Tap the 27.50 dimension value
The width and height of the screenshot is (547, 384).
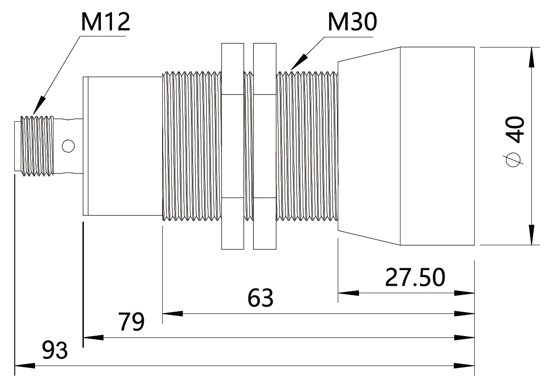tap(415, 277)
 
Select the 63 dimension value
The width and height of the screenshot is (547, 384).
tap(260, 298)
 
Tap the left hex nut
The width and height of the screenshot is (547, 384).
tap(232, 146)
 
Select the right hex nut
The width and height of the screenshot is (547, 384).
tap(265, 146)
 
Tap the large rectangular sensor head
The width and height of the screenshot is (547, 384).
tap(437, 146)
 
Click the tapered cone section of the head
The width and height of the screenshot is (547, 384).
tap(369, 146)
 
